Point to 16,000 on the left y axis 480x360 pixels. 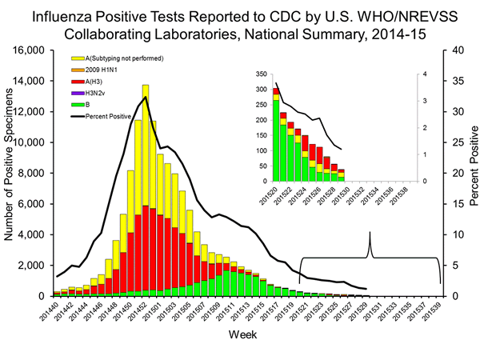tap(34, 50)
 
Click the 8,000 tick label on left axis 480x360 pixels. tap(38, 174)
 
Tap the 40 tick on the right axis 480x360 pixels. tap(453, 50)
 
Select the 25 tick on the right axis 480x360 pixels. tap(453, 142)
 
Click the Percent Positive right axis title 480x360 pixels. tap(472, 172)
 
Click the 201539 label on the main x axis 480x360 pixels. tap(436, 315)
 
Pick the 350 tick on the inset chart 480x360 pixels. tap(259, 74)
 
